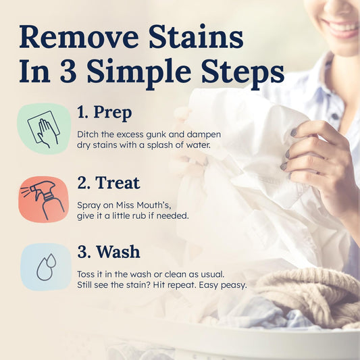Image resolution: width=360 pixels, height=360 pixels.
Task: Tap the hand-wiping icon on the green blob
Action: point(44,128)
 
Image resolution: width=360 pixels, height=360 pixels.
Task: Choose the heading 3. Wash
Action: point(109,252)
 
